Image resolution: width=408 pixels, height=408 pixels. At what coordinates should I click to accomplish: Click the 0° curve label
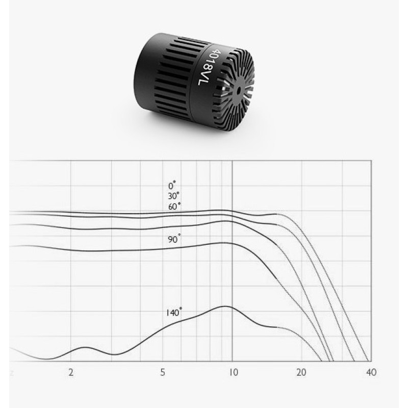[172, 186]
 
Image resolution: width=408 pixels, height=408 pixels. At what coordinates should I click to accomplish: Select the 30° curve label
[174, 196]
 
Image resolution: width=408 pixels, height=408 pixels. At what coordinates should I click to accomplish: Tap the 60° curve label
[174, 207]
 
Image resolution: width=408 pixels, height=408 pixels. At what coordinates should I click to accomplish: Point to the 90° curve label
[174, 239]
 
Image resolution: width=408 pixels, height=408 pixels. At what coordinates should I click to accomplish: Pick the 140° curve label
[174, 312]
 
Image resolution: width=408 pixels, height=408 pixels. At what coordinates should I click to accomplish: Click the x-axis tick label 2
[71, 373]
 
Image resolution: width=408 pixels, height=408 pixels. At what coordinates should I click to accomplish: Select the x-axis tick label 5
[163, 373]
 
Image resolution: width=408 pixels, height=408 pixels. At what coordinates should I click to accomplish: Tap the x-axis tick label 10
[234, 373]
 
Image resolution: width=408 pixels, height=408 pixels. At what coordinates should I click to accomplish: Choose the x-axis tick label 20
[301, 373]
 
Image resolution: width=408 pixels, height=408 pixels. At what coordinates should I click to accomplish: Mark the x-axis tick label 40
[371, 373]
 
